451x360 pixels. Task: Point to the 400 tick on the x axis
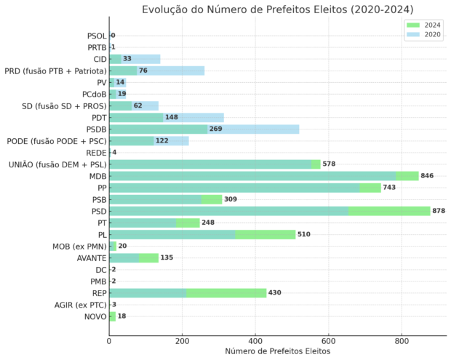(x=255, y=340)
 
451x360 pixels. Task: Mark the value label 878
(x=440, y=211)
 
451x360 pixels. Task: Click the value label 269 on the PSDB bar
(x=217, y=129)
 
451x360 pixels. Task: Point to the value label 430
(x=275, y=292)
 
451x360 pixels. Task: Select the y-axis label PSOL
(x=96, y=36)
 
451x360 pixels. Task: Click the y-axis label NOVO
(x=95, y=316)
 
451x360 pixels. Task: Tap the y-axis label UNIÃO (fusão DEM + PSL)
(x=57, y=164)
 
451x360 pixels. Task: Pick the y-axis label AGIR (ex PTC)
(x=80, y=304)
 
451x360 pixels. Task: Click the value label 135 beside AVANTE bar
(x=167, y=257)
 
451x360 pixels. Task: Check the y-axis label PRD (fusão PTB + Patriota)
(x=55, y=71)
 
